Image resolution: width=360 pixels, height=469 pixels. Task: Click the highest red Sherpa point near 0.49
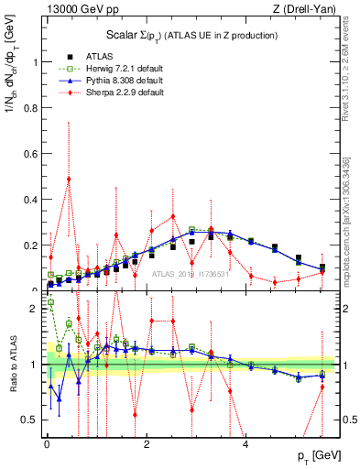pos(69,179)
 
